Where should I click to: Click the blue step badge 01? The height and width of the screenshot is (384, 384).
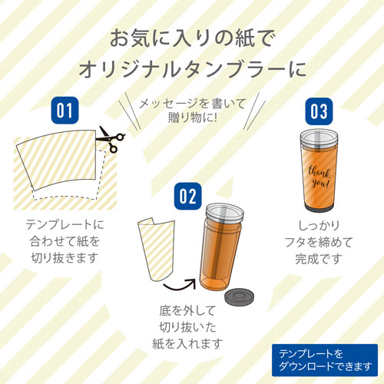[65, 111]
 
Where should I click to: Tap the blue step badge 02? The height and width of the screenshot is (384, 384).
[188, 197]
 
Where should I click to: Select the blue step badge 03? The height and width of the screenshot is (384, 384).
[319, 111]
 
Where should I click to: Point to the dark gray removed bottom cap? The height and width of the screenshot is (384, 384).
[239, 297]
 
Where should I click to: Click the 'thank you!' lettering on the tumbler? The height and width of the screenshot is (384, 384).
[319, 177]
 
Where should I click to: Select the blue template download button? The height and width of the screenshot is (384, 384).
[325, 360]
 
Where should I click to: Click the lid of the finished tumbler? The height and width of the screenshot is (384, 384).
[319, 139]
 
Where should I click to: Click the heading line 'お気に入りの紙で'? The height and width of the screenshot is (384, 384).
[193, 39]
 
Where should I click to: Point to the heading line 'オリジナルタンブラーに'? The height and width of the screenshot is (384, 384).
[193, 69]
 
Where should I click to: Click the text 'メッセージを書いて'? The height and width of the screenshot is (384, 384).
[193, 104]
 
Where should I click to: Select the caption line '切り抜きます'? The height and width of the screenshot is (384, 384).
[65, 258]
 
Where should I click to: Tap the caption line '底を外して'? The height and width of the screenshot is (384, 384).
[187, 310]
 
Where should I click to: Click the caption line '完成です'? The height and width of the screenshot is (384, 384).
[319, 259]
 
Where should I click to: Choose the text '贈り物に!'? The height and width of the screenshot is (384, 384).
[193, 118]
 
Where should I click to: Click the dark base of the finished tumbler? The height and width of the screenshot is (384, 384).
[319, 208]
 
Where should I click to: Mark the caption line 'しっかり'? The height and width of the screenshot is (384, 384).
[319, 226]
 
